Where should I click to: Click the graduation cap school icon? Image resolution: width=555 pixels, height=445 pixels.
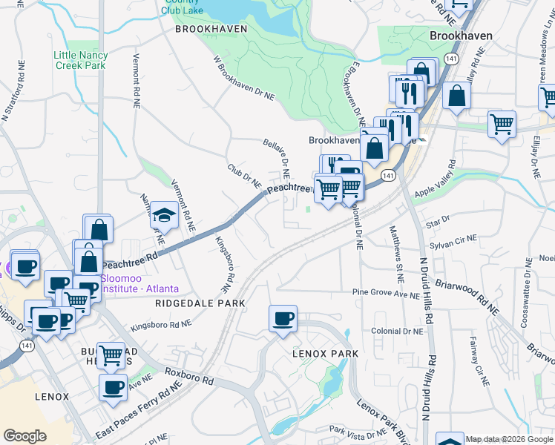(x=164, y=216)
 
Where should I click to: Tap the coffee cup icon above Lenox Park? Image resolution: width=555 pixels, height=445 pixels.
(x=283, y=320)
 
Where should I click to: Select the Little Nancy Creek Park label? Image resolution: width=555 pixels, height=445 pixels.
(x=81, y=60)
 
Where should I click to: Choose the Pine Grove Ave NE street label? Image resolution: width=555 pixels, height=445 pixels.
(x=386, y=294)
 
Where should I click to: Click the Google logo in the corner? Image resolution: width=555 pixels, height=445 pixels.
(x=24, y=436)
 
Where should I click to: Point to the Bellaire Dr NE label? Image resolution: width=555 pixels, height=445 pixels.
(x=275, y=157)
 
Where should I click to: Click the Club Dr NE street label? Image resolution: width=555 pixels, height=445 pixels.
(x=245, y=176)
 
